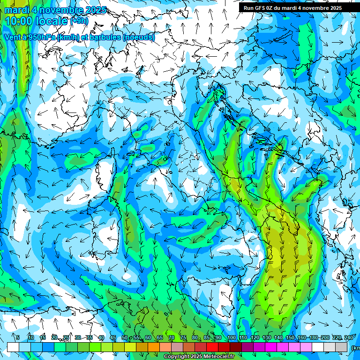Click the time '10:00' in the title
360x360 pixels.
[x=20, y=21]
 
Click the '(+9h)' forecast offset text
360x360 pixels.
[x=79, y=21]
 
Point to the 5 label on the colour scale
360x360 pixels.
[x=18, y=338]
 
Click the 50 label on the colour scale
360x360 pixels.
[x=124, y=338]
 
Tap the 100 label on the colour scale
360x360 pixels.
[x=231, y=338]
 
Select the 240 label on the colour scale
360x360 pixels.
[x=349, y=338]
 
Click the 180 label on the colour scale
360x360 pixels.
[x=314, y=338]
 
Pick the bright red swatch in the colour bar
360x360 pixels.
[x=212, y=347]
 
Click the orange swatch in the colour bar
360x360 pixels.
[x=153, y=347]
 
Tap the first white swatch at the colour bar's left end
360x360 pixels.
[x=13, y=347]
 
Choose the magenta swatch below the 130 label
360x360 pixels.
[x=271, y=347]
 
